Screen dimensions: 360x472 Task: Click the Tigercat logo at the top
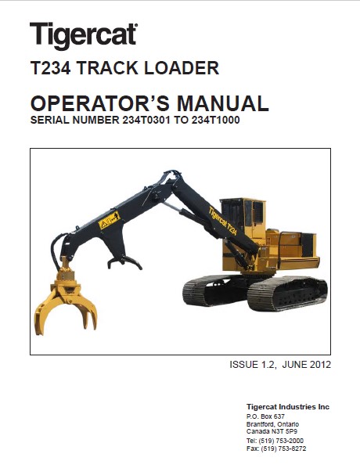[84, 35]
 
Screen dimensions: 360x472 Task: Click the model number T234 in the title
[51, 68]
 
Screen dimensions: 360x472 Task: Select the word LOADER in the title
[182, 68]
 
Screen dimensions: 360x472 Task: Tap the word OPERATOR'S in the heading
[100, 103]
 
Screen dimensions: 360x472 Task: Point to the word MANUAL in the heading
[223, 103]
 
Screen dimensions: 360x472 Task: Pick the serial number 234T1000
[215, 120]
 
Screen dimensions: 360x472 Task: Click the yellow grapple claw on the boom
[65, 304]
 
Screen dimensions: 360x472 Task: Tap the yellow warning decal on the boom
[110, 220]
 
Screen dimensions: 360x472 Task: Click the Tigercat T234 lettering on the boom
[223, 221]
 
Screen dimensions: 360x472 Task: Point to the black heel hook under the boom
[124, 261]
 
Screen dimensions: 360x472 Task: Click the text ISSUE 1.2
[252, 365]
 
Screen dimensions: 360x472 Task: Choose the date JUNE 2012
[307, 365]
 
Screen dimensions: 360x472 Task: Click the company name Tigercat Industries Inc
[288, 407]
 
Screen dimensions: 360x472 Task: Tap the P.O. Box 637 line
[265, 416]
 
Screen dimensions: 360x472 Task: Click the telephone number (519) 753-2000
[282, 441]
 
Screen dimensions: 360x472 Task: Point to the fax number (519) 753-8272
[283, 449]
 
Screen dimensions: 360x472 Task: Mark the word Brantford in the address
[260, 424]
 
